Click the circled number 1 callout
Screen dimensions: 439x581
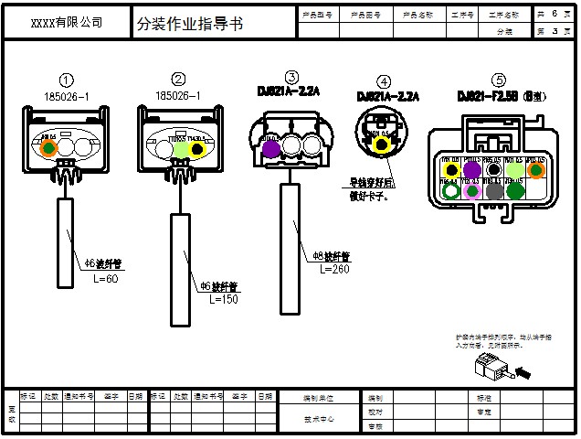67,80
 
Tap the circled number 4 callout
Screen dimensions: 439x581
384,81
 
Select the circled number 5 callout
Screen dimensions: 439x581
498,80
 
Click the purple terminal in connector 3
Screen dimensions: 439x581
270,147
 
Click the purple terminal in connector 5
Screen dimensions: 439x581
472,169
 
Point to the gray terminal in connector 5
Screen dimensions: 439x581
494,191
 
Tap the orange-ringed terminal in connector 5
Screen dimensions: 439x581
535,169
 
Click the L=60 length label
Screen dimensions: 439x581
106,278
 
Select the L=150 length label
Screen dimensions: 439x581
223,299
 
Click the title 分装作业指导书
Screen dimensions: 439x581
190,24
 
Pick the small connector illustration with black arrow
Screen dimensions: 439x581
493,369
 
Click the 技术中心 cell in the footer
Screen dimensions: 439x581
319,418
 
